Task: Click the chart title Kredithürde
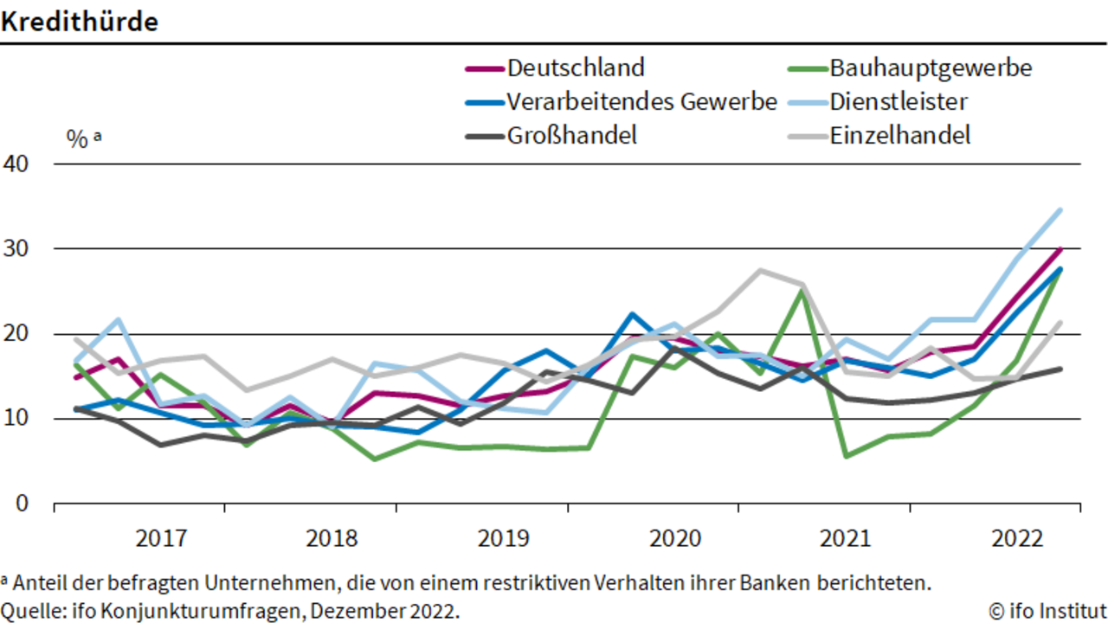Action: click(x=79, y=22)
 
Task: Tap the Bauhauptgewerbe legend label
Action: click(x=931, y=68)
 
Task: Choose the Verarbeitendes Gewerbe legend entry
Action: click(x=622, y=102)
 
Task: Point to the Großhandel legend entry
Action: click(x=551, y=136)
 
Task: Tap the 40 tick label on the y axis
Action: click(x=16, y=164)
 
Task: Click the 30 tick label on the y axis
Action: click(x=16, y=248)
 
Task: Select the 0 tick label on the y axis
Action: click(x=23, y=504)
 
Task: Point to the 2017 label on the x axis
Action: click(x=161, y=538)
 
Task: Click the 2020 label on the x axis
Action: click(x=675, y=538)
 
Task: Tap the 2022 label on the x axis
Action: click(x=1017, y=538)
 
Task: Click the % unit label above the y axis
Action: click(x=77, y=139)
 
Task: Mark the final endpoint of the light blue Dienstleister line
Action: click(x=1060, y=210)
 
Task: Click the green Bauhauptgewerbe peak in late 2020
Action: click(x=802, y=292)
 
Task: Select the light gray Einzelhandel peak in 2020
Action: click(x=760, y=271)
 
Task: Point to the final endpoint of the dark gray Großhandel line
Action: click(x=1060, y=369)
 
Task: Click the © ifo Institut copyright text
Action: click(x=1047, y=611)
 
